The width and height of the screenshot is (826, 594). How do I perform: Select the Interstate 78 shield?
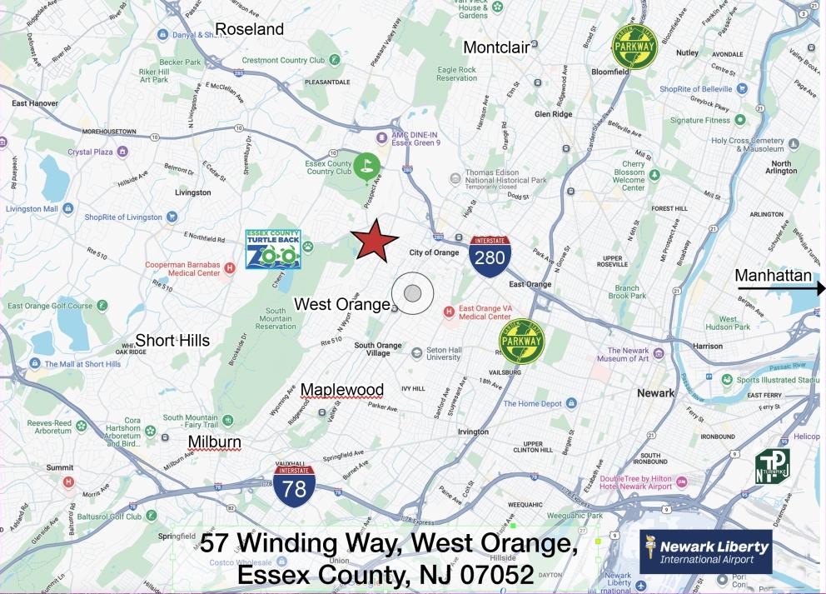294,484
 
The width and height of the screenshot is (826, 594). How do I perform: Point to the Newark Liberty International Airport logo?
705,552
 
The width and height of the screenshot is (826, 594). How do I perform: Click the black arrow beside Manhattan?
780,288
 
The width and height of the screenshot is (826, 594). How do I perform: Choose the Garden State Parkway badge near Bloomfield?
634,47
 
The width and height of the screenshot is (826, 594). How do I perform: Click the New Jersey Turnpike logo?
772,467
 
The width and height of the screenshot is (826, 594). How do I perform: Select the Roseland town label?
249,30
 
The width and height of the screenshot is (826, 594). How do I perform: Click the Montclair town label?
496,47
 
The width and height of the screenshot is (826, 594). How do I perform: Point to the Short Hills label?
172,340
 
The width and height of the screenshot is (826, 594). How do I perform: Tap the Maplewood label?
342,389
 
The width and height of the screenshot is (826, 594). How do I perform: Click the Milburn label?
214,442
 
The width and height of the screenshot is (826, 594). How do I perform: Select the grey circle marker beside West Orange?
413,292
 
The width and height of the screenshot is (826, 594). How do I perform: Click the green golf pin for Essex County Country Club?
366,165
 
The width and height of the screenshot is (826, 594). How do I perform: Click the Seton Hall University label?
443,352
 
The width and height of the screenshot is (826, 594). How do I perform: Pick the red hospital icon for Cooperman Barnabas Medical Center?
230,267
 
